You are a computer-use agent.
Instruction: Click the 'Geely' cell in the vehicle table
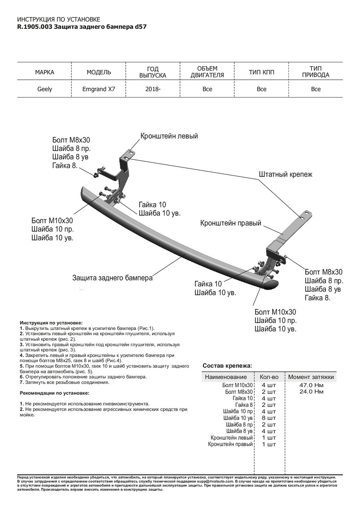pos(44,89)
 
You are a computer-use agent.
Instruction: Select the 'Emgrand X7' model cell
pos(98,89)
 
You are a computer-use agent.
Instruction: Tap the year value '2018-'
pos(153,89)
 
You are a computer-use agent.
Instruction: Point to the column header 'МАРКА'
pos(44,72)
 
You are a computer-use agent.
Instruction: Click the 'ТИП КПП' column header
pos(262,72)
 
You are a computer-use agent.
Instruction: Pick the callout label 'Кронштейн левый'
pos(169,136)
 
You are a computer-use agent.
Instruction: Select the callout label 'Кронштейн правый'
pos(231,223)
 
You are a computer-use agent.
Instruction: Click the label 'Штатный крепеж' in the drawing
pos(285,174)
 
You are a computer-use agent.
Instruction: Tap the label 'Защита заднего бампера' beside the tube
pos(112,278)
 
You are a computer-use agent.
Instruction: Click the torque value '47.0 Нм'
pos(312,385)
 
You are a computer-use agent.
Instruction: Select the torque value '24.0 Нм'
pos(312,392)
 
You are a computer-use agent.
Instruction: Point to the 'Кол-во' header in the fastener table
pos(269,377)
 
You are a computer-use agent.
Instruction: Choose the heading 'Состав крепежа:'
pos(227,365)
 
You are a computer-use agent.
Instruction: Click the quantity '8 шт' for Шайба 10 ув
pos(269,418)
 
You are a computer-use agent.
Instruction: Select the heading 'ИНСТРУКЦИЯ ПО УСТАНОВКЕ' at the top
pos(59,20)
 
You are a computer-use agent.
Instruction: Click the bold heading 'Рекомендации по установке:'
pos(54,393)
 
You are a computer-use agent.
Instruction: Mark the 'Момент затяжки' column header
pos(311,377)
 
